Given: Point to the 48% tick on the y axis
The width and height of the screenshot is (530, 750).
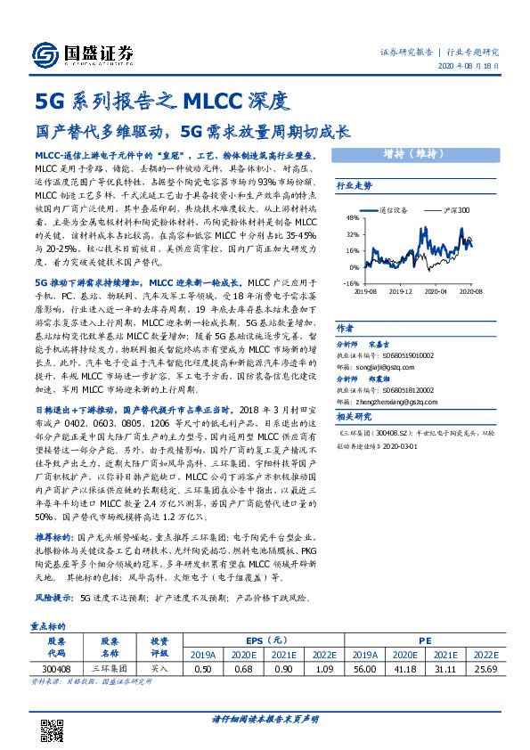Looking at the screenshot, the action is click(x=354, y=217).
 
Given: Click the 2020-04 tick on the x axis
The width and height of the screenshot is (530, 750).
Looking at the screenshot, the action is click(x=437, y=290).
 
